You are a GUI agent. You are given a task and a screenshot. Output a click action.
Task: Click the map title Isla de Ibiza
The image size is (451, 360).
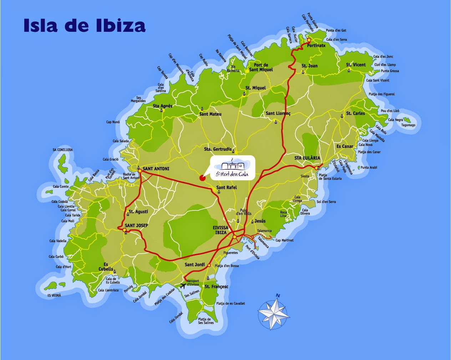pyautogui.click(x=85, y=25)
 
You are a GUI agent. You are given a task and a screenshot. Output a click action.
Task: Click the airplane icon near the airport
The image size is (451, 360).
pyautogui.click(x=183, y=285)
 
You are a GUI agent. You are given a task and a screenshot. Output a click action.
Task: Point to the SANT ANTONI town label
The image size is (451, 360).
pyautogui.click(x=156, y=169)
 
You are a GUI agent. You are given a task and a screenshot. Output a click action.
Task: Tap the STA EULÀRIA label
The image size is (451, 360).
pyautogui.click(x=307, y=158)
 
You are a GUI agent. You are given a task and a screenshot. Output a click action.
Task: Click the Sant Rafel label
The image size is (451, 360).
pyautogui.click(x=227, y=187)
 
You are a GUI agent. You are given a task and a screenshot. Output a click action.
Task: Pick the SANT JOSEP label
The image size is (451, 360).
pyautogui.click(x=136, y=225)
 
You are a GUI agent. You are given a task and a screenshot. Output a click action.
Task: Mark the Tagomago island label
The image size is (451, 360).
pyautogui.click(x=408, y=125)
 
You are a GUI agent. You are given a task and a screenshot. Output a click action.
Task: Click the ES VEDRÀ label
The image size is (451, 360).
pyautogui.click(x=54, y=295)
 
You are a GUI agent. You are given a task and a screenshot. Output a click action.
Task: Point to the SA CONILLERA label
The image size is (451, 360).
pyautogui.click(x=62, y=150)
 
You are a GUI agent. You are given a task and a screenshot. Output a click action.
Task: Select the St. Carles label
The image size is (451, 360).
pyautogui.click(x=356, y=113)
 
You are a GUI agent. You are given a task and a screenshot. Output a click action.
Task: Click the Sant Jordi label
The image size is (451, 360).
pyautogui.click(x=194, y=265)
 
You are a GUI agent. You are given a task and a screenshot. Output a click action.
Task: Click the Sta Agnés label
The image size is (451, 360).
pyautogui.click(x=162, y=106)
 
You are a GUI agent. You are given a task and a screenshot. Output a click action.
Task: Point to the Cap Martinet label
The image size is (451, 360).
pyautogui.click(x=284, y=240)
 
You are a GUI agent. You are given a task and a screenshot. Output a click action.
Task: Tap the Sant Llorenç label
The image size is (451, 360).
pyautogui.click(x=278, y=113)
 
